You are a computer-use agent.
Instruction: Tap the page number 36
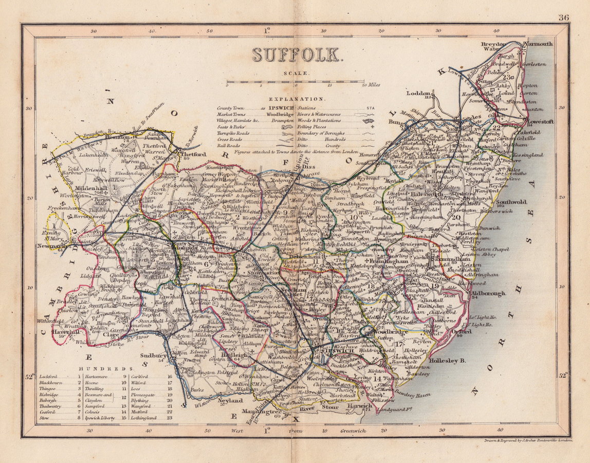pyautogui.click(x=563, y=17)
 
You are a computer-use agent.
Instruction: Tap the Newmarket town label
pyautogui.click(x=53, y=246)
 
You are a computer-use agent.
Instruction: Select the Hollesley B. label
pyautogui.click(x=447, y=361)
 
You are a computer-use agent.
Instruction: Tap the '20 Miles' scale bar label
pyautogui.click(x=370, y=85)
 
